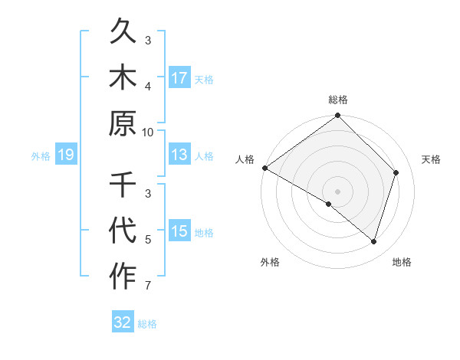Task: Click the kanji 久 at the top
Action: tap(123, 32)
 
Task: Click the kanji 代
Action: tap(123, 231)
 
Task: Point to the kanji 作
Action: tap(123, 277)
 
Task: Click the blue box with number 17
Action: tap(179, 77)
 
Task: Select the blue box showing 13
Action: tap(179, 155)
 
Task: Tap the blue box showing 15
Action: tap(179, 231)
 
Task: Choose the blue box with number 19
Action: tap(66, 155)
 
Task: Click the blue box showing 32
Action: tap(123, 322)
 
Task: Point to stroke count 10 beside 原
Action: tap(149, 132)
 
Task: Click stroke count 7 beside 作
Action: tap(149, 286)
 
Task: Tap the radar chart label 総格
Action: tap(338, 100)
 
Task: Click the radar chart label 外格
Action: tap(270, 263)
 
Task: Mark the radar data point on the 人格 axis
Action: tap(264, 168)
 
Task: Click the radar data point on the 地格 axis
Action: tap(374, 241)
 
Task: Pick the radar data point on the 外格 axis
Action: tap(328, 204)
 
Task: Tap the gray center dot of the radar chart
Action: tap(338, 191)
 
